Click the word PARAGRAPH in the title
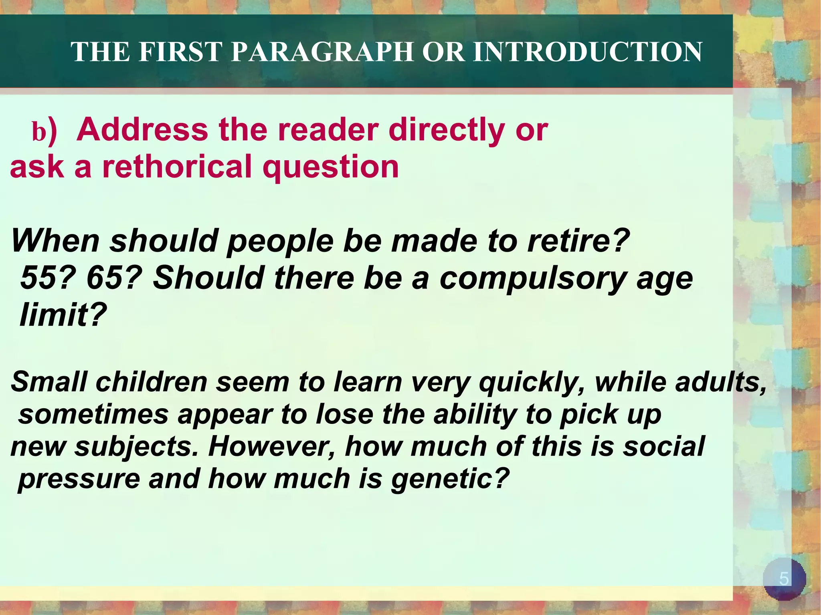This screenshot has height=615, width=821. pos(322,52)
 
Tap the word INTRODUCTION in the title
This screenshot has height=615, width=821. pos(587,52)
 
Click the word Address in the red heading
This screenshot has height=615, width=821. pos(142,130)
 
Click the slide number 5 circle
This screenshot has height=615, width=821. pos(784,579)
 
